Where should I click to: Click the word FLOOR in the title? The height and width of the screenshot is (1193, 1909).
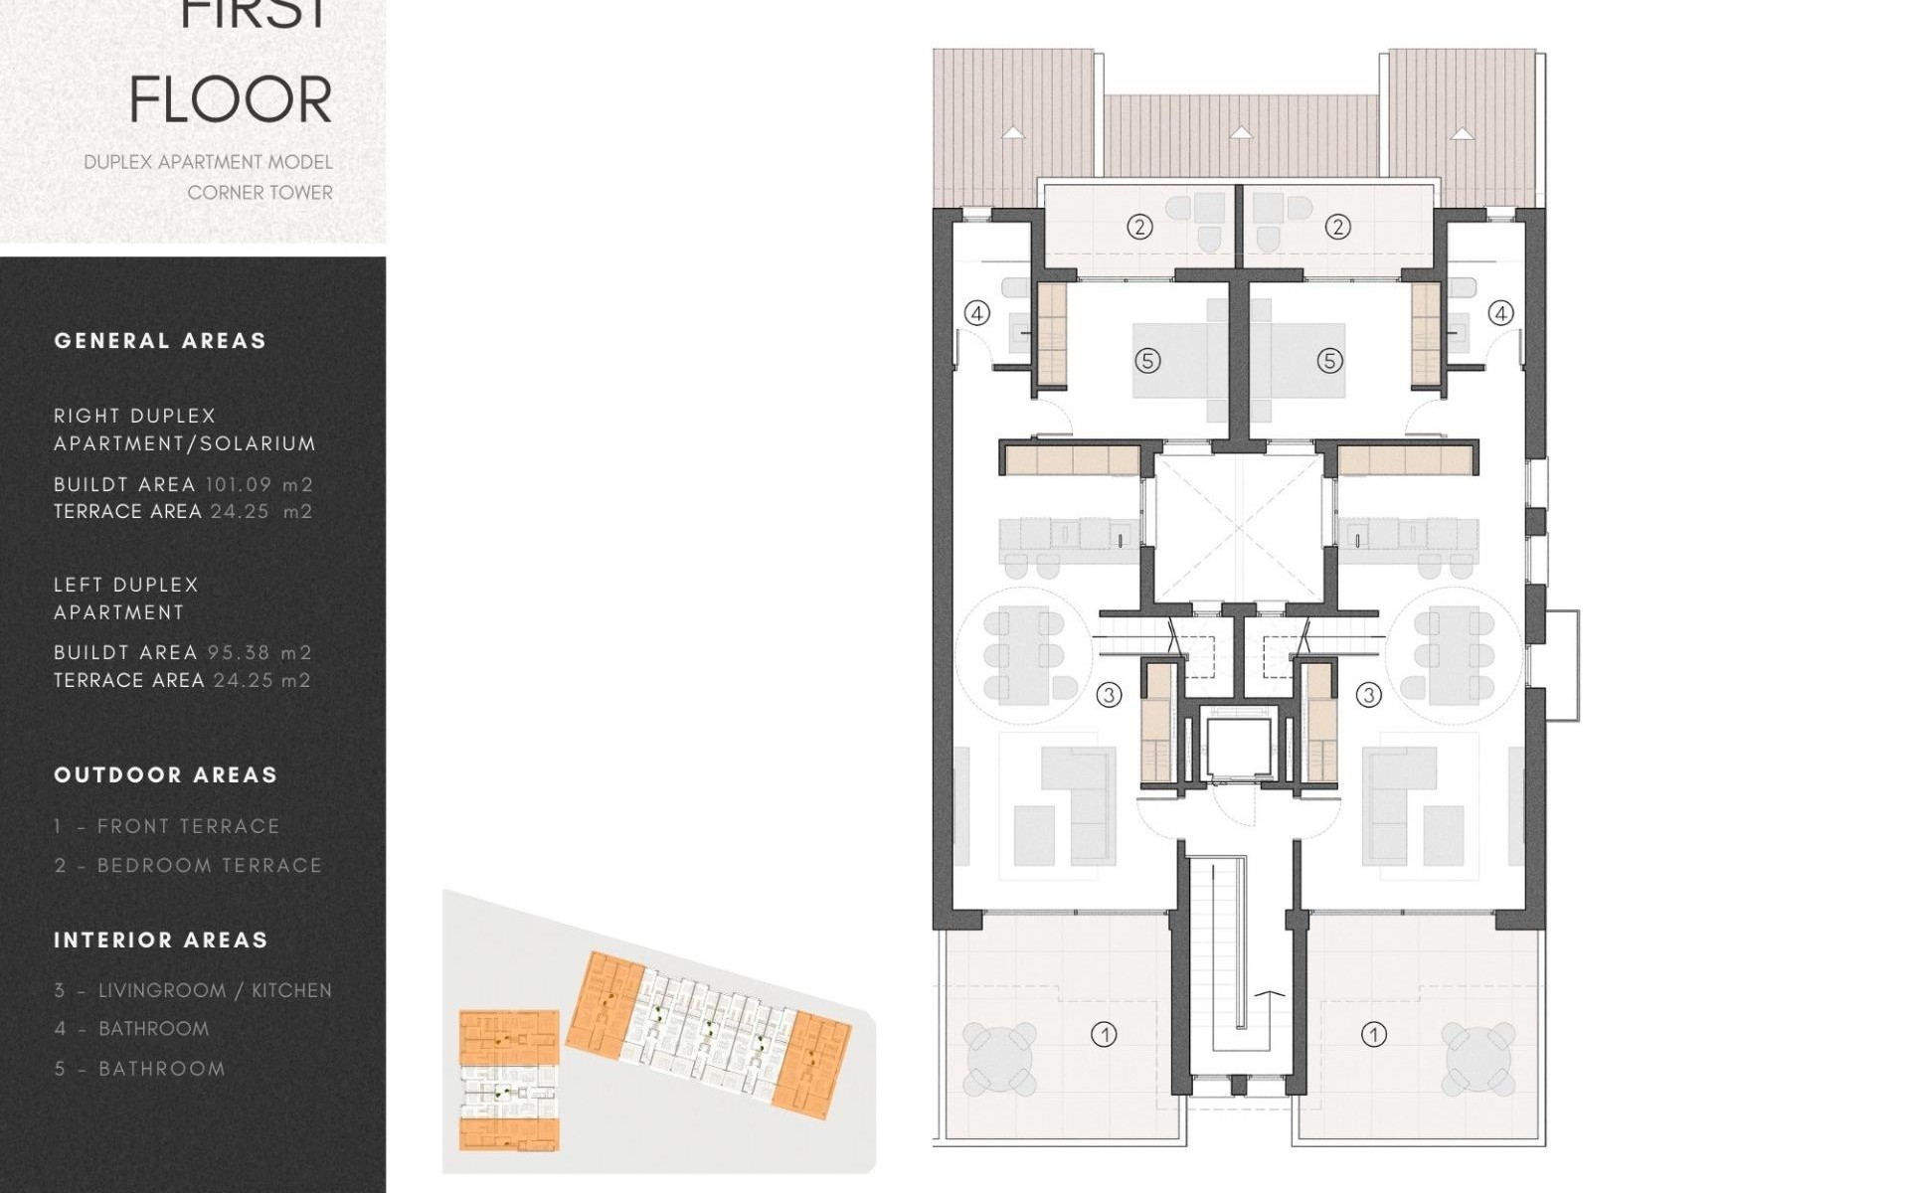pyautogui.click(x=231, y=100)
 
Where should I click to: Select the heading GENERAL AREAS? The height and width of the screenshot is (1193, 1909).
pyautogui.click(x=160, y=341)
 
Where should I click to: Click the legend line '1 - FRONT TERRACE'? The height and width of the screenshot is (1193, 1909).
pyautogui.click(x=167, y=826)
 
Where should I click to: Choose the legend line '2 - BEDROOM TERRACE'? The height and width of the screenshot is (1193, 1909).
pyautogui.click(x=188, y=866)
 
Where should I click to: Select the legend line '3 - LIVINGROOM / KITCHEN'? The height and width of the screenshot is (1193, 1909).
pyautogui.click(x=193, y=990)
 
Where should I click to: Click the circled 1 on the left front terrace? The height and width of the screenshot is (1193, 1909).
pyautogui.click(x=1104, y=1035)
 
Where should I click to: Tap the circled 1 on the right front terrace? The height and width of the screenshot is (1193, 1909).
pyautogui.click(x=1373, y=1035)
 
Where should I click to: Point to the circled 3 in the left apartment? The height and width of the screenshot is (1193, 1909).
pyautogui.click(x=1109, y=695)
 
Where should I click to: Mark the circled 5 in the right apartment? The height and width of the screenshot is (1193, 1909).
pyautogui.click(x=1330, y=361)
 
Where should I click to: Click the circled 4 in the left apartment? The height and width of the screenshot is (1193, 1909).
pyautogui.click(x=977, y=314)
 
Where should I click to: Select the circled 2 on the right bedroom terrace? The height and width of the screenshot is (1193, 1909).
pyautogui.click(x=1337, y=228)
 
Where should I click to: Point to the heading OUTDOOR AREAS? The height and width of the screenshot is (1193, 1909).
pyautogui.click(x=165, y=775)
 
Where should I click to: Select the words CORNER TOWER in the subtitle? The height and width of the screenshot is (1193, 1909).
pyautogui.click(x=260, y=193)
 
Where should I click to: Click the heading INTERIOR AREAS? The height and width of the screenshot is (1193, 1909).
pyautogui.click(x=161, y=940)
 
